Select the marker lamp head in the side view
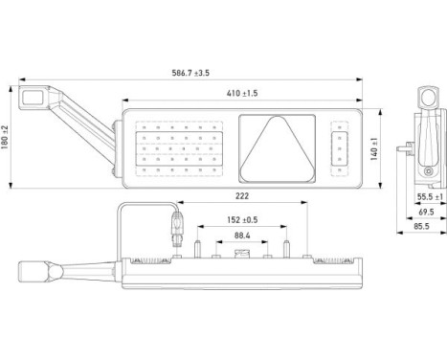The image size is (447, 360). pos(427,98)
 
